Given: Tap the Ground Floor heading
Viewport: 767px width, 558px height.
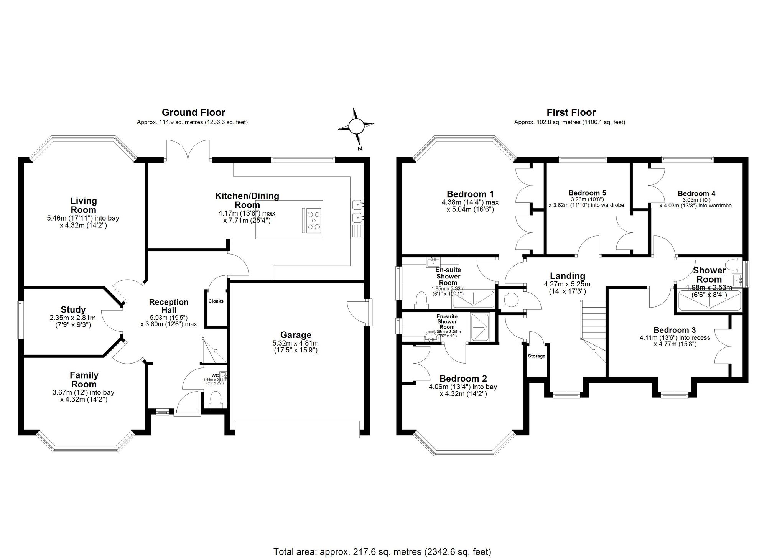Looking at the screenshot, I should click(193, 112).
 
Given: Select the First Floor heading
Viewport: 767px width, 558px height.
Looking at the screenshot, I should click(571, 112).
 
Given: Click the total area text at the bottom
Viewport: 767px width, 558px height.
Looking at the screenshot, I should click(382, 551).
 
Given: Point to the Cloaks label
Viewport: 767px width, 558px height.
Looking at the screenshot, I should click(216, 301).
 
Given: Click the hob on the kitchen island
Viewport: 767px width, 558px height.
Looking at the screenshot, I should click(314, 221).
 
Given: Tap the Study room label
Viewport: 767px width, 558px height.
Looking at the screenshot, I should click(73, 309).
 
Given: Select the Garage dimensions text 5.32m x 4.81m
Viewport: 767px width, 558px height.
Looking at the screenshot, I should click(295, 343).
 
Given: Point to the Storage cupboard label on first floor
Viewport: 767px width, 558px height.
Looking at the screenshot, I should click(537, 356).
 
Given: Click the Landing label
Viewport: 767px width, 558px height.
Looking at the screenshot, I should click(567, 276).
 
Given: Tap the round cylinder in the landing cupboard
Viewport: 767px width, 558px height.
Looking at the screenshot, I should click(511, 300).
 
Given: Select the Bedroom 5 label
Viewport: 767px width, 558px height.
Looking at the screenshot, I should click(587, 193).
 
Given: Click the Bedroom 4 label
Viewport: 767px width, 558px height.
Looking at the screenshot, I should click(696, 193).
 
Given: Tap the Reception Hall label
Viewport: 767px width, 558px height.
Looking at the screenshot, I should click(169, 306).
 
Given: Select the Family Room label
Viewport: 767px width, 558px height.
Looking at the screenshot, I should click(84, 380).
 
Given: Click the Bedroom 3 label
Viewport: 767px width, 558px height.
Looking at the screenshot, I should click(675, 330).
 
